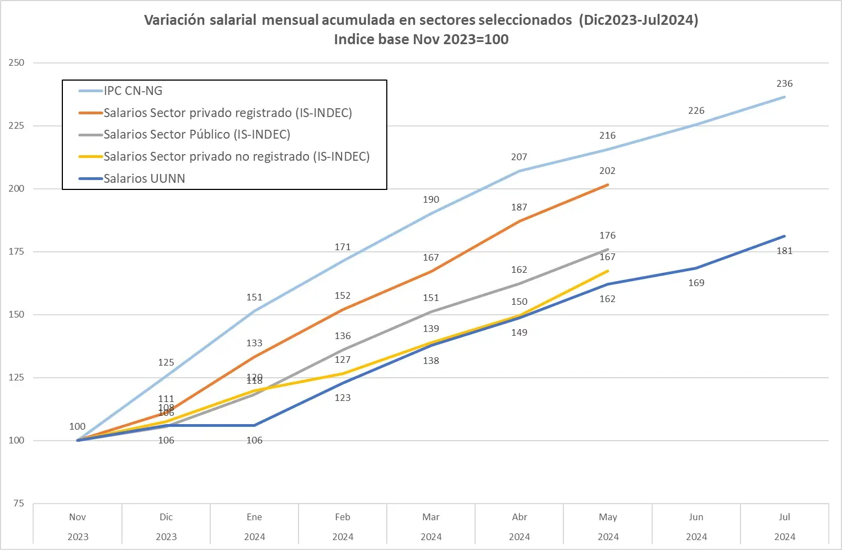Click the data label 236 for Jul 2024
click(x=784, y=84)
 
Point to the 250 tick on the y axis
click(x=17, y=63)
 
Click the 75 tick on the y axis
click(x=19, y=503)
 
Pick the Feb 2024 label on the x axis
click(x=343, y=526)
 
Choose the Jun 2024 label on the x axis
click(x=696, y=526)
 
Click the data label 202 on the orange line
click(x=607, y=171)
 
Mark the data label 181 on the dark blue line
click(x=784, y=251)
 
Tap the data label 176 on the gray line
click(x=607, y=236)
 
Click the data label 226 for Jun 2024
click(x=696, y=111)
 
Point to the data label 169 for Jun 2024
click(x=696, y=283)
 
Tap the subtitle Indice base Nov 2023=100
click(x=421, y=39)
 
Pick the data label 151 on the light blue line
click(x=254, y=298)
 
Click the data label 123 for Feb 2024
click(x=343, y=398)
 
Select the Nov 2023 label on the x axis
click(x=78, y=526)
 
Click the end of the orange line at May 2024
click(x=607, y=185)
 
